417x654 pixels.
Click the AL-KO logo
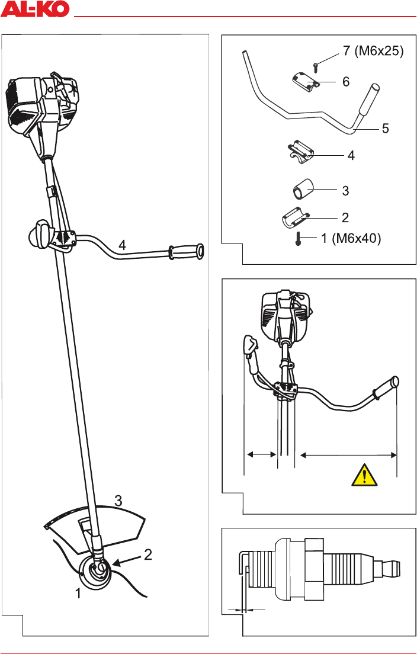(x=34, y=8)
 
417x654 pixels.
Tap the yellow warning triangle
(x=365, y=476)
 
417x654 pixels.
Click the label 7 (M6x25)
(x=373, y=52)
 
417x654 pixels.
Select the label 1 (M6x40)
(x=351, y=239)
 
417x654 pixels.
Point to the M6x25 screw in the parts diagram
(x=316, y=65)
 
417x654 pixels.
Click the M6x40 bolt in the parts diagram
(x=298, y=239)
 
